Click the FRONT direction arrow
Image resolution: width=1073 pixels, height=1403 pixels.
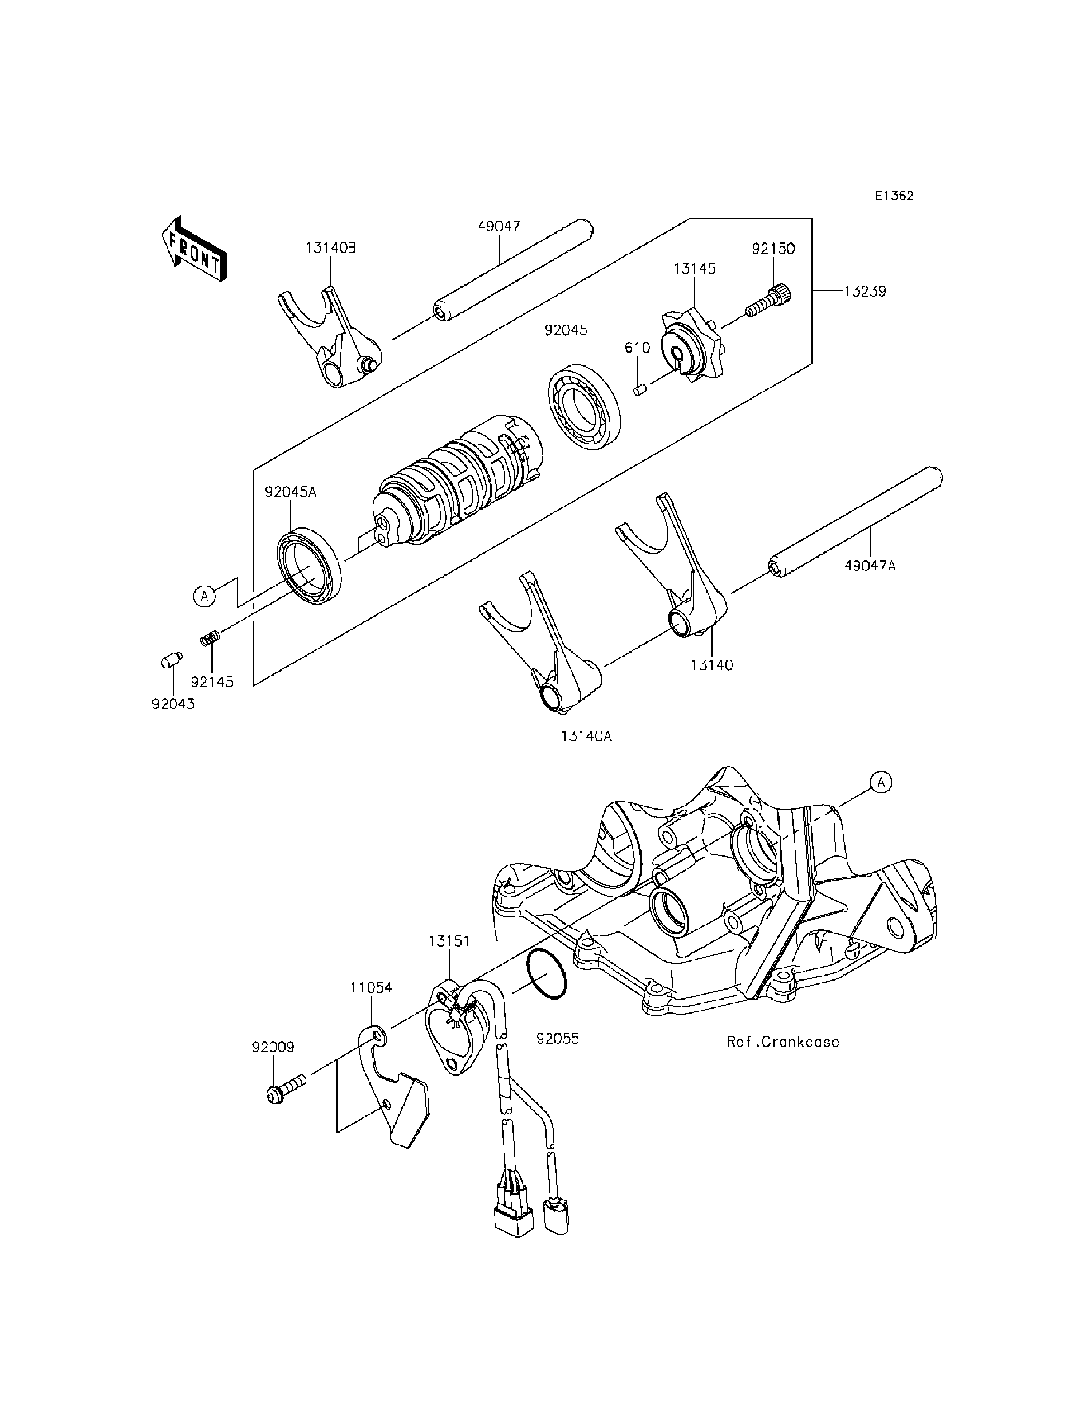(x=193, y=250)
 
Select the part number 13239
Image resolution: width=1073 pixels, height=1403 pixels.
(x=865, y=291)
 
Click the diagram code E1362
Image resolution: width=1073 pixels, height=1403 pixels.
(x=894, y=196)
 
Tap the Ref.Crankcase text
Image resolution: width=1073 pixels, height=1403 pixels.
(x=783, y=1041)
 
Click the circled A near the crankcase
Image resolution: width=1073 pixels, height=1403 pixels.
(x=881, y=782)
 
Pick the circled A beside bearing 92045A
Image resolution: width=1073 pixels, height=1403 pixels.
(x=205, y=596)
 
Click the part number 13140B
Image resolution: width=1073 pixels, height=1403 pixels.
(x=330, y=249)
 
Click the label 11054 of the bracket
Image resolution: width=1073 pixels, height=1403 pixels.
(x=371, y=987)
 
